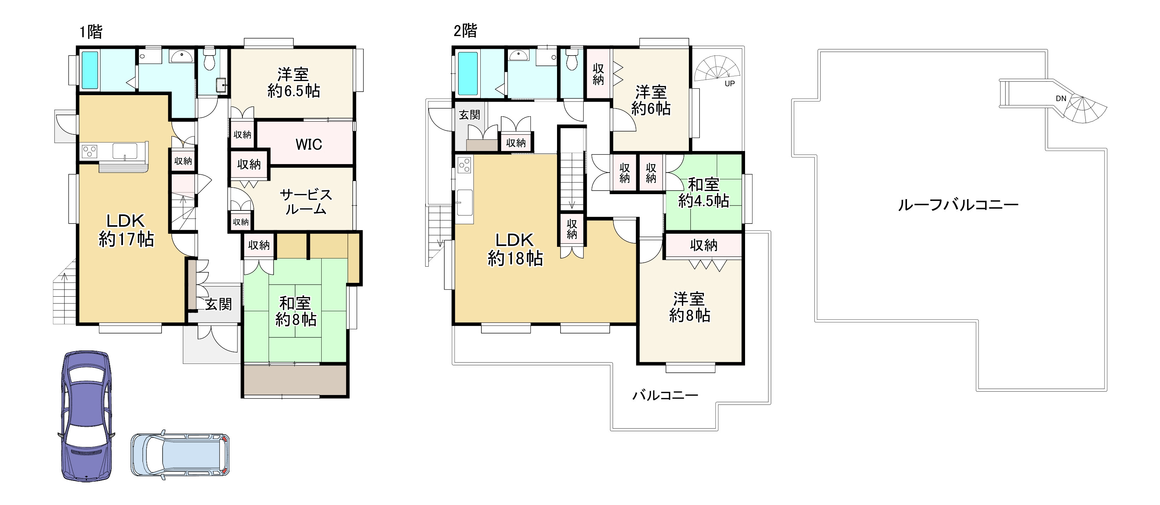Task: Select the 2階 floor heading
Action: point(465,31)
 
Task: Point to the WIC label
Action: point(309,144)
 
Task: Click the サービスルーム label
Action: point(306,201)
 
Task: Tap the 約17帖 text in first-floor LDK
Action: point(126,239)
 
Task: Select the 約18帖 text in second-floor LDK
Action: point(515,259)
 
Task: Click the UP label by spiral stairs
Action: point(730,83)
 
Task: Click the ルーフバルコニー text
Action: point(958,205)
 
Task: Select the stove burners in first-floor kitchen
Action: point(89,151)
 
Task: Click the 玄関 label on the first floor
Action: point(218,304)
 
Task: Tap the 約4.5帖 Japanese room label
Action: point(703,201)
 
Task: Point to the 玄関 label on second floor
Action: point(469,115)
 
